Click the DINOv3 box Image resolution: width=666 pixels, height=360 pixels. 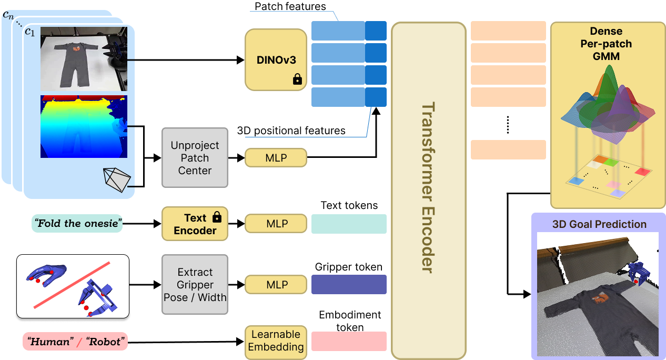[276, 59]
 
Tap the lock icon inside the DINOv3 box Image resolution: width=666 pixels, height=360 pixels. [297, 79]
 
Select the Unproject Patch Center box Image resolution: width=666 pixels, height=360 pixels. [195, 157]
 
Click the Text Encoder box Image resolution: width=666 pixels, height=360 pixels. [195, 224]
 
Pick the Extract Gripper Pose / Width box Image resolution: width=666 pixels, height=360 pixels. [195, 284]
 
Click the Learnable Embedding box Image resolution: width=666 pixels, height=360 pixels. [276, 341]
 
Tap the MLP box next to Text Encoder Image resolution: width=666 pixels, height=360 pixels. [276, 224]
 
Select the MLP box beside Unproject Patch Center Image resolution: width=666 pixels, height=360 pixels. [276, 157]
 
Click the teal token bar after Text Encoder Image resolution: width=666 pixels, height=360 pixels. [349, 224]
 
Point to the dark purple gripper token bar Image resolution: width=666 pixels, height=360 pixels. [349, 284]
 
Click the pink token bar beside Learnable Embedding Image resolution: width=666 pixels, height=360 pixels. [349, 341]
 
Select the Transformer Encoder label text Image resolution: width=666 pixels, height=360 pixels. [429, 187]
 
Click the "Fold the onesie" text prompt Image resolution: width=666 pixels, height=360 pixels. [77, 223]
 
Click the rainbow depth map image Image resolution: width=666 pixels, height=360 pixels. [84, 126]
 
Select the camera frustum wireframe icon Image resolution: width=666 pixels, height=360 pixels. [117, 180]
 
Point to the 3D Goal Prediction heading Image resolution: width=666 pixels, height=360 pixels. [599, 224]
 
